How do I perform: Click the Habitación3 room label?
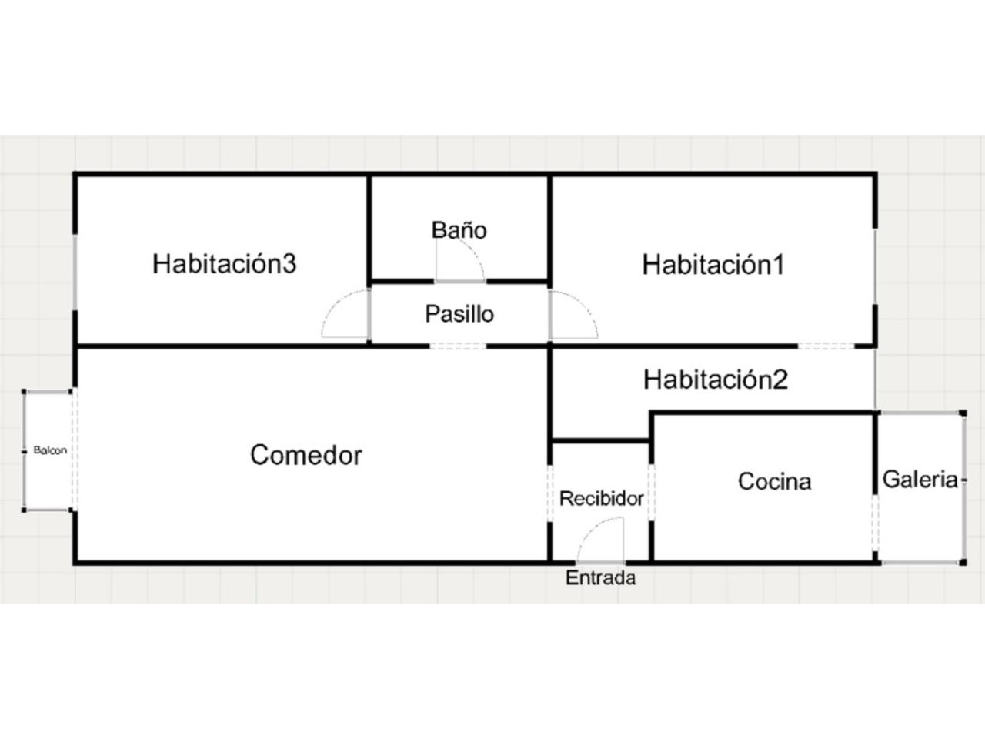pos(224,263)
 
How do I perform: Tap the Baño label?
pos(459,229)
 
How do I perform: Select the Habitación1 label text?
pos(713,265)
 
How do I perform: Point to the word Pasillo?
pos(459,314)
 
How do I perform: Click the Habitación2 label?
pos(715,380)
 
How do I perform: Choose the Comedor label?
pos(306,455)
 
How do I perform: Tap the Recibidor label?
pos(601,499)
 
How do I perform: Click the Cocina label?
pos(774,482)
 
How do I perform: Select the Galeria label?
pos(920,480)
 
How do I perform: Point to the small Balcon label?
pos(50,450)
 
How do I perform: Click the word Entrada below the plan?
pos(600,578)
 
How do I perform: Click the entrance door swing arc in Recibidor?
pos(600,535)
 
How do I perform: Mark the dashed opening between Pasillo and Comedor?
pos(458,346)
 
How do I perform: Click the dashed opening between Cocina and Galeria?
pos(876,523)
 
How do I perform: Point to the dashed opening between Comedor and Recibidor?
pos(549,493)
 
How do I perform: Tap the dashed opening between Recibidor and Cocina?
pos(651,493)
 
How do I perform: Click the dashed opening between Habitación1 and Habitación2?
pos(826,346)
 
